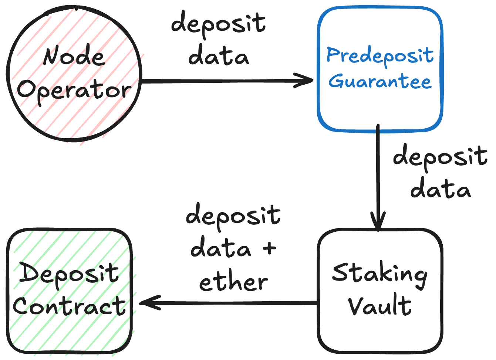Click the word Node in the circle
(x=74, y=57)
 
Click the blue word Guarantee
(x=380, y=81)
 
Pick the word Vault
(x=379, y=306)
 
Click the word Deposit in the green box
(x=69, y=274)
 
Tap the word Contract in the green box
(x=69, y=306)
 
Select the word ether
(x=233, y=283)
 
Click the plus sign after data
(x=270, y=248)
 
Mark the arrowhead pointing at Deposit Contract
(x=148, y=303)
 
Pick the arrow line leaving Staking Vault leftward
(x=237, y=303)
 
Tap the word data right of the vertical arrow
(x=440, y=189)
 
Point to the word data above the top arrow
(x=219, y=57)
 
